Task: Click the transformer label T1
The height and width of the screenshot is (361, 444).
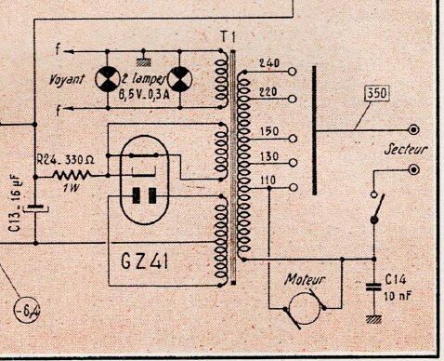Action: (x=229, y=37)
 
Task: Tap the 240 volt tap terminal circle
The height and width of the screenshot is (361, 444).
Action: (x=292, y=72)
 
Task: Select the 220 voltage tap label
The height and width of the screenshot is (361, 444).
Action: (x=268, y=92)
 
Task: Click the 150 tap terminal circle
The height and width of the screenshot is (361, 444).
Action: (x=293, y=139)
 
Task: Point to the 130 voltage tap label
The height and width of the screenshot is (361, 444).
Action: (x=269, y=156)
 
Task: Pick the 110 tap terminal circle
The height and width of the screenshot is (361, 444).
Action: (x=293, y=187)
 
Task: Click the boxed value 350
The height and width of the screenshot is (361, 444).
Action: (x=376, y=93)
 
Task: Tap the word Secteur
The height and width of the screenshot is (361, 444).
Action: (x=405, y=150)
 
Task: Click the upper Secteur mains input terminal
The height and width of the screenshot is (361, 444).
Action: (x=414, y=129)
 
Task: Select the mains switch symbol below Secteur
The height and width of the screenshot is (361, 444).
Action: (x=376, y=207)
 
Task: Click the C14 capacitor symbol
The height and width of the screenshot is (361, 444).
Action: (x=373, y=287)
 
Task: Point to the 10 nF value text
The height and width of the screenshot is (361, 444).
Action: (x=398, y=296)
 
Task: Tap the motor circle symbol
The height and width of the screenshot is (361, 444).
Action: (x=305, y=309)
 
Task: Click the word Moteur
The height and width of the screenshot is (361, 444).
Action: (x=305, y=279)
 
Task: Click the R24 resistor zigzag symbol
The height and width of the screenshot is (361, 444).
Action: (x=72, y=176)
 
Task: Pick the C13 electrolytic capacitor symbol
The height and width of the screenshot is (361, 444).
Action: (x=36, y=208)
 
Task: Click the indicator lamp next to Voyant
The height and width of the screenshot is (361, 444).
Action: (x=107, y=79)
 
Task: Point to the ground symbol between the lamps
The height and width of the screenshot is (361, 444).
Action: (x=143, y=61)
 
